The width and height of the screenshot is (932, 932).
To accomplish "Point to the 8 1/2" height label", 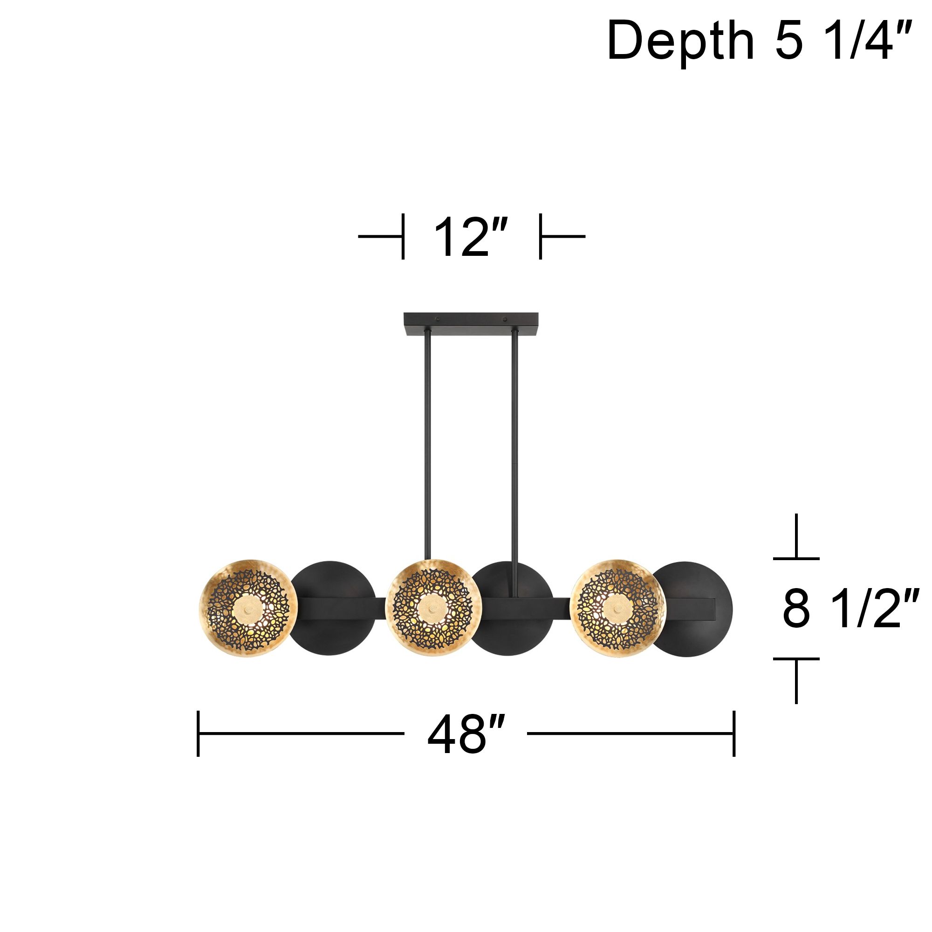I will pos(850,609).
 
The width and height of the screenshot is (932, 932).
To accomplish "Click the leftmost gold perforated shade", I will pos(248,608).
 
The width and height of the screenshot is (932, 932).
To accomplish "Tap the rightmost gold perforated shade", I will pos(617,608).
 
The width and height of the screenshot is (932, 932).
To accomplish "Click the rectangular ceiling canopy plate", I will pos(471,324).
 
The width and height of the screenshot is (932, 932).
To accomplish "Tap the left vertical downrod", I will pos(427,444).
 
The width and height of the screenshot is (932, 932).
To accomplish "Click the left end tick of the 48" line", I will pos(198,734).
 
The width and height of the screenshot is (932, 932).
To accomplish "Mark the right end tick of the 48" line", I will pos(734,734).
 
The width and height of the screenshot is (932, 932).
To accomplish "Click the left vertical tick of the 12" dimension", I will pos(403,236).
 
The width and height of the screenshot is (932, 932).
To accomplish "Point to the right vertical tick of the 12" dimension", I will pos(540,236).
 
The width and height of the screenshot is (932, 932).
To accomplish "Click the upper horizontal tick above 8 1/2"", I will pos(796,558).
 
